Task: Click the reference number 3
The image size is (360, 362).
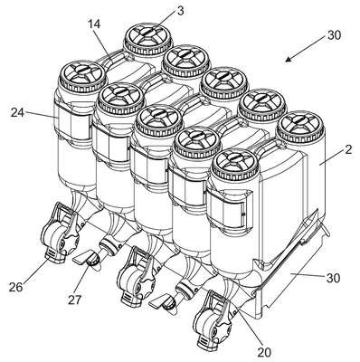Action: click(180, 12)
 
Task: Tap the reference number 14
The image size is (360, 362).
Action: click(94, 24)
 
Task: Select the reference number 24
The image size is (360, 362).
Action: click(18, 112)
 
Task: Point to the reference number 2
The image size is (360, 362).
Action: click(348, 150)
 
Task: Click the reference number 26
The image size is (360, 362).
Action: click(15, 287)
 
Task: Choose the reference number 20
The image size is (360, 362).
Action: click(264, 352)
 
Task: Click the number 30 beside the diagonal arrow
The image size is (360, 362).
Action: click(333, 35)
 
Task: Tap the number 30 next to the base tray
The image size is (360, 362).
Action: click(333, 278)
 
